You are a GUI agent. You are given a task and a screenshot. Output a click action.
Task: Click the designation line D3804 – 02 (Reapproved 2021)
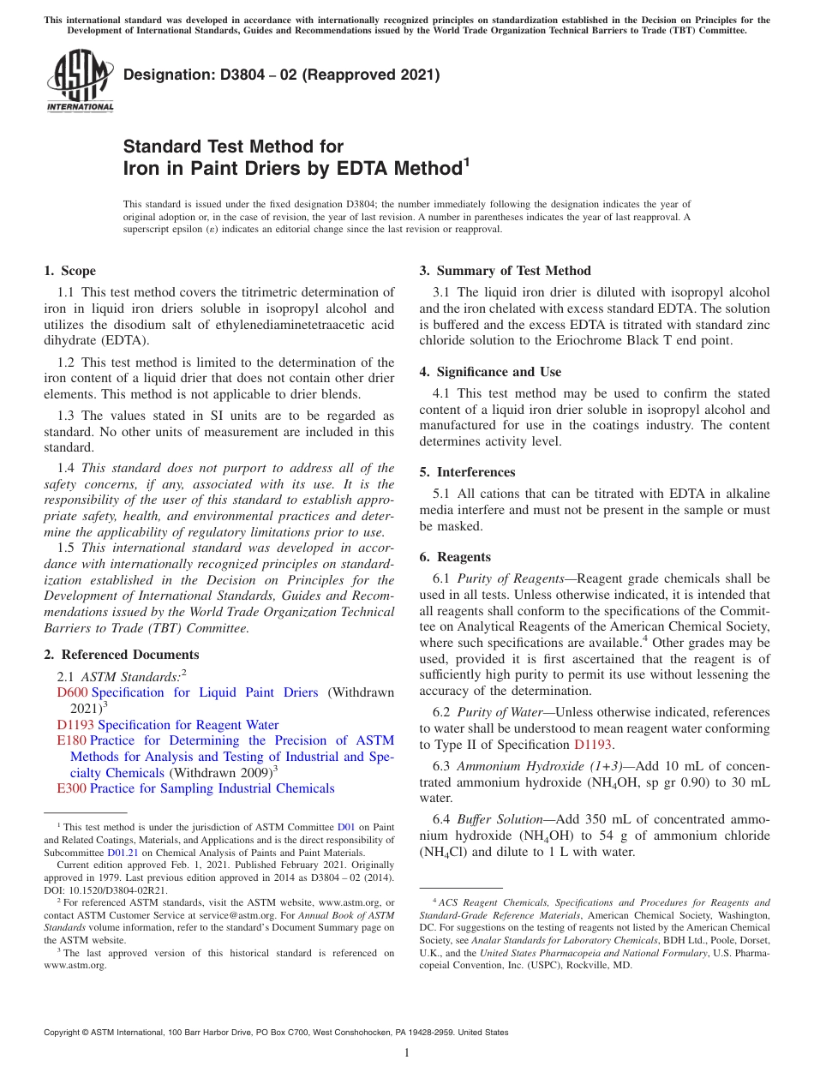pyautogui.click(x=282, y=75)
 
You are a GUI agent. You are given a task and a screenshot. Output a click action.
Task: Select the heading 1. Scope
pyautogui.click(x=69, y=271)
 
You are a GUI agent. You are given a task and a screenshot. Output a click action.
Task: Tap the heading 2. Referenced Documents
pyautogui.click(x=121, y=655)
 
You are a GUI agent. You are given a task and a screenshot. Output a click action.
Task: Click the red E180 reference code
pyautogui.click(x=71, y=740)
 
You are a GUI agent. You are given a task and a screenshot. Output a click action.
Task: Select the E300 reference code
pyautogui.click(x=71, y=788)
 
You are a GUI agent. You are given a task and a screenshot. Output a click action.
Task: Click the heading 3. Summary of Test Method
pyautogui.click(x=505, y=271)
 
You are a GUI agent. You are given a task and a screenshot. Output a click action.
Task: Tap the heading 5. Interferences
pyautogui.click(x=476, y=472)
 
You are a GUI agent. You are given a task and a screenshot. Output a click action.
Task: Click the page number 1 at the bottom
pyautogui.click(x=407, y=1052)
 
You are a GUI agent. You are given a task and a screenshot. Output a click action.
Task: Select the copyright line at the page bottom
pyautogui.click(x=276, y=1033)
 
